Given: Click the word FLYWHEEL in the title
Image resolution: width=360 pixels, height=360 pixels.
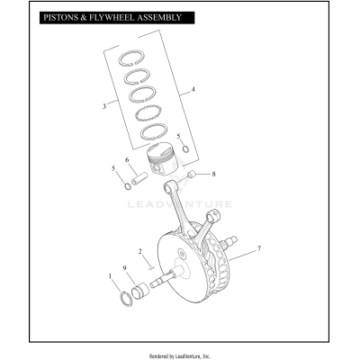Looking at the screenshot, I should click(x=103, y=17).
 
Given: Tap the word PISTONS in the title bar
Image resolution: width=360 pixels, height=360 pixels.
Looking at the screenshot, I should click(x=49, y=17).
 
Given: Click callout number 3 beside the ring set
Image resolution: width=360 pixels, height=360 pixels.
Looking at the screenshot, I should click(x=105, y=106).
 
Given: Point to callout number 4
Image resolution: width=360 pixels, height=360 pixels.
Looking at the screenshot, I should click(x=193, y=91).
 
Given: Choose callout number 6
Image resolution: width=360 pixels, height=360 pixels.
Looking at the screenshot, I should click(x=128, y=161).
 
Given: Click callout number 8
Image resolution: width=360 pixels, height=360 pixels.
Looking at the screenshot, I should click(x=213, y=173).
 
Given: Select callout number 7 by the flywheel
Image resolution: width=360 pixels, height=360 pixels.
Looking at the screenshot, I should click(x=259, y=248).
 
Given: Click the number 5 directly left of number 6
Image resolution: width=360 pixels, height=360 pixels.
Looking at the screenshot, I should click(x=112, y=168).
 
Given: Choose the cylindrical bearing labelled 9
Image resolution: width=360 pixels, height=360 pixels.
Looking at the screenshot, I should click(x=140, y=292).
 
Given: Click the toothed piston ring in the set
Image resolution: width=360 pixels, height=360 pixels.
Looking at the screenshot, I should click(x=148, y=114).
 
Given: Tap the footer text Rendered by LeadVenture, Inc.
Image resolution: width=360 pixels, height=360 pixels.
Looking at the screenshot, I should click(x=180, y=355).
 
